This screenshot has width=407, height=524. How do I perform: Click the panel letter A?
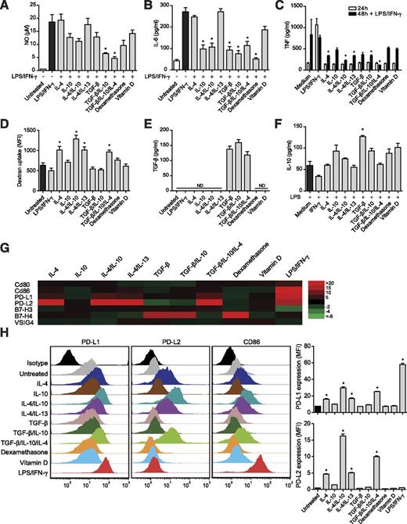[5, 5]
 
